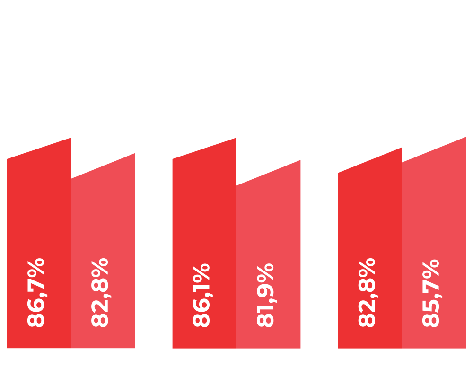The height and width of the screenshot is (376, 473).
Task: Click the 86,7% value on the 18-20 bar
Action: coord(36,293)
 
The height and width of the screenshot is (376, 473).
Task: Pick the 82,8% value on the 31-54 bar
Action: coord(100,293)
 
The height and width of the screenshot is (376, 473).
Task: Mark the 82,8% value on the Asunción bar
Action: coord(367,293)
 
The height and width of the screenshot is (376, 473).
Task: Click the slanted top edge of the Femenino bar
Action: coord(269,173)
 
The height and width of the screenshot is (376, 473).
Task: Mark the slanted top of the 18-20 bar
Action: coord(39,149)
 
